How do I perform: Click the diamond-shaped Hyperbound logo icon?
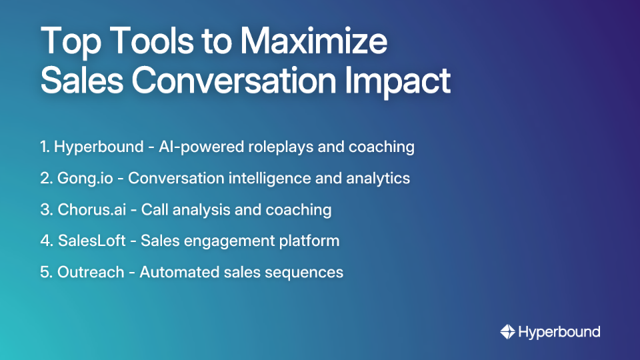[507, 331]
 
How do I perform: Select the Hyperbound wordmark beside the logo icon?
[559, 332]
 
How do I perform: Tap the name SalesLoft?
[92, 241]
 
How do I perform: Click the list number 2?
[45, 179]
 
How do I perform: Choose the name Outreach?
[90, 272]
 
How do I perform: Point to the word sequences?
[308, 272]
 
